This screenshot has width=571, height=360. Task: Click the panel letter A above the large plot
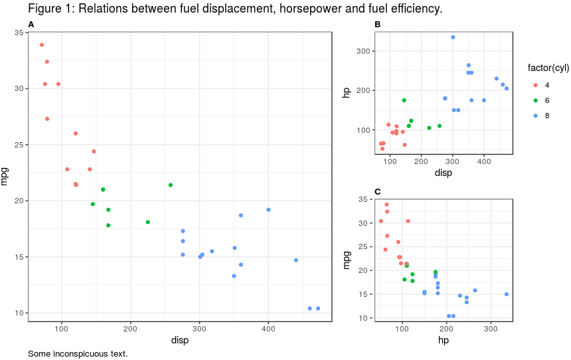pyautogui.click(x=31, y=25)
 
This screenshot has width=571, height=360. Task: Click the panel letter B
pyautogui.click(x=378, y=25)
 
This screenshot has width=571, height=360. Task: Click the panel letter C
pyautogui.click(x=378, y=192)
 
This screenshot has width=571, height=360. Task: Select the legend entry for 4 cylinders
pyautogui.click(x=536, y=85)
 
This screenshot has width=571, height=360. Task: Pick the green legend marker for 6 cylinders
pyautogui.click(x=536, y=100)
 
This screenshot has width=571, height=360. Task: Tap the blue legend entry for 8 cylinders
pyautogui.click(x=536, y=116)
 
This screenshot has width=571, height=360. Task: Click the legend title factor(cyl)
pyautogui.click(x=548, y=68)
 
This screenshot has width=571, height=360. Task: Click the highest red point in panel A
pyautogui.click(x=42, y=45)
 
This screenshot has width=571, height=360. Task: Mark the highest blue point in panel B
pyautogui.click(x=453, y=37)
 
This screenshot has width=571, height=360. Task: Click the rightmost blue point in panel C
pyautogui.click(x=507, y=294)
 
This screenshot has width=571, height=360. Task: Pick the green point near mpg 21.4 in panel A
pyautogui.click(x=171, y=185)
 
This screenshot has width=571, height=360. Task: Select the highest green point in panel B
pyautogui.click(x=404, y=100)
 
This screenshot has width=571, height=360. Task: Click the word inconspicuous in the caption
pyautogui.click(x=79, y=353)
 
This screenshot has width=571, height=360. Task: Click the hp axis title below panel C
pyautogui.click(x=442, y=340)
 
